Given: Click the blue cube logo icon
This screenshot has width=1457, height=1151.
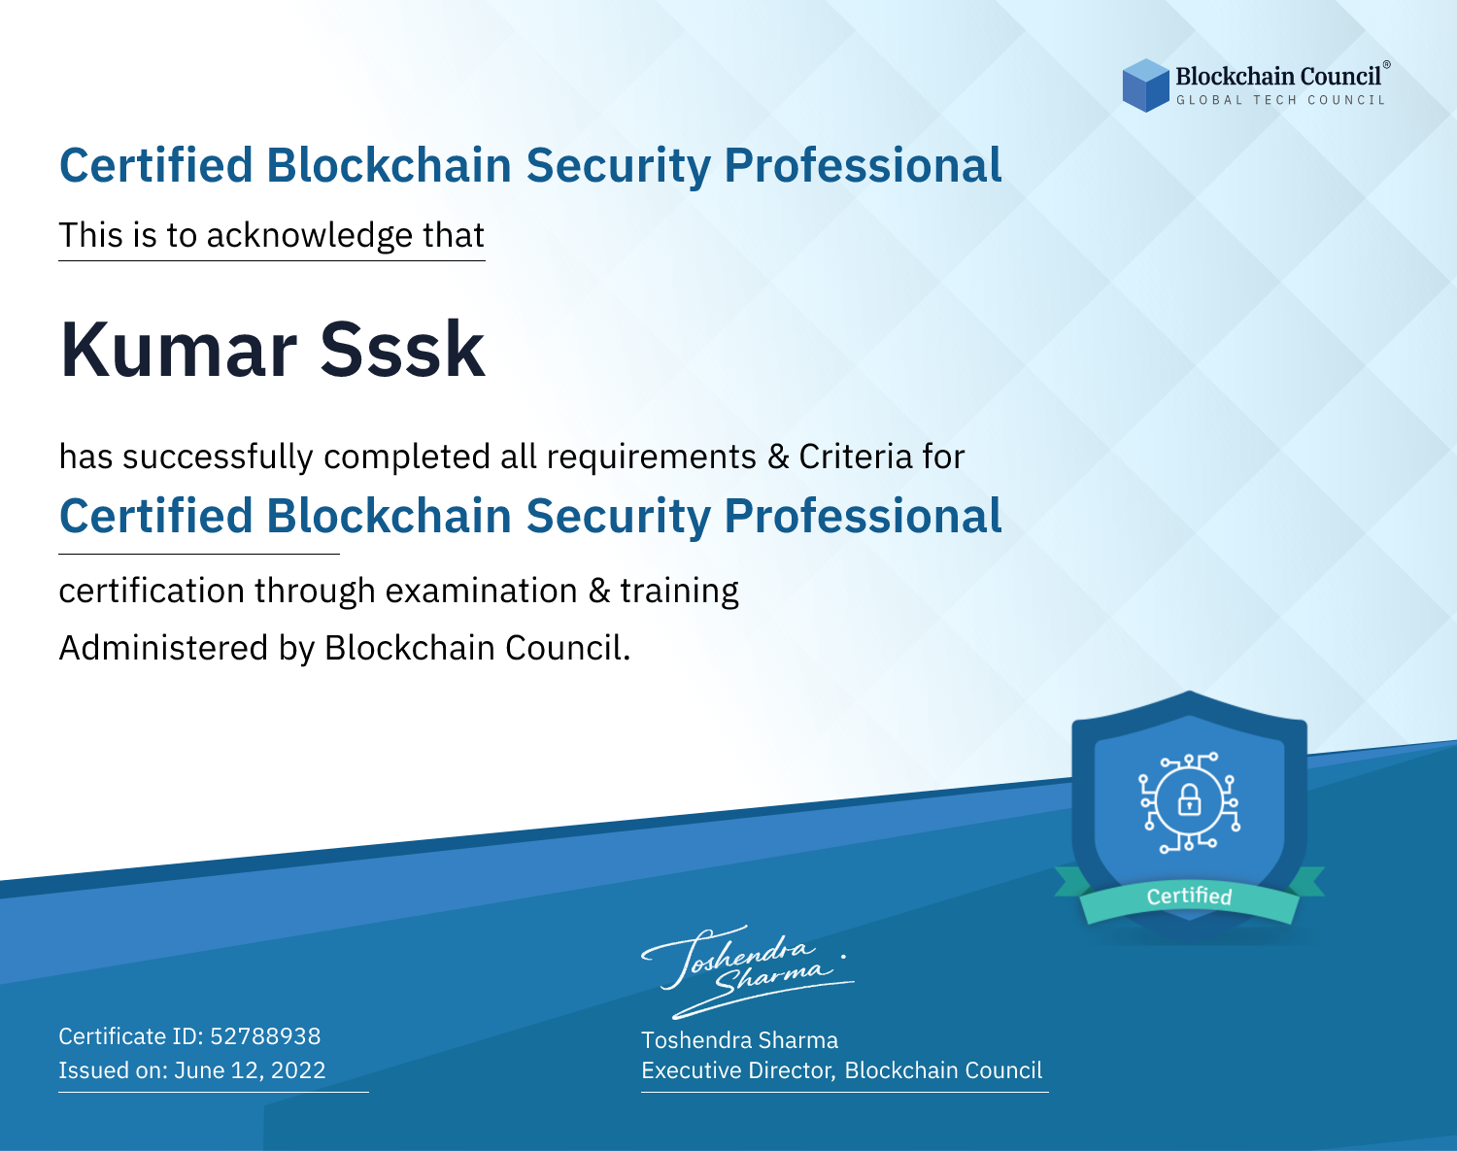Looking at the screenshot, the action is (x=1145, y=85).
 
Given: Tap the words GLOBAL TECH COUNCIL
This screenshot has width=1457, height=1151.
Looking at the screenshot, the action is (x=1280, y=100).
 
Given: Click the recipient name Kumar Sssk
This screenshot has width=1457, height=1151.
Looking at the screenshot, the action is (x=272, y=350).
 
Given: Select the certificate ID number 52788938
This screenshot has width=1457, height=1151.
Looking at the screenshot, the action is (x=265, y=1035).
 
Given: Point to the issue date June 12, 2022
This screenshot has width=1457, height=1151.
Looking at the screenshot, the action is (x=250, y=1070).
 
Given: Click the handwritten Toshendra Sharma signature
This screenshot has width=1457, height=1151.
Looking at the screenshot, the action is (x=748, y=971).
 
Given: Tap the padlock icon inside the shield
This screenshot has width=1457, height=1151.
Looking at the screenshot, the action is (x=1189, y=800).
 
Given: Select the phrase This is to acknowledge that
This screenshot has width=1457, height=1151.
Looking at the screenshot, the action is (x=272, y=236).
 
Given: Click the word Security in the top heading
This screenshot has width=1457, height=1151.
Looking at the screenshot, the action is (x=619, y=165).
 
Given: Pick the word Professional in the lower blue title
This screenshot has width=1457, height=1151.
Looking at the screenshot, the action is (x=864, y=516).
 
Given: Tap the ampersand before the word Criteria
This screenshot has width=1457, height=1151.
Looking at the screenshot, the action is (x=778, y=457).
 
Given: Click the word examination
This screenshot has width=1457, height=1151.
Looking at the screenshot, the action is (x=482, y=591).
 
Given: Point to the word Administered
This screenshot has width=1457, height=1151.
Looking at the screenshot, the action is (x=164, y=648).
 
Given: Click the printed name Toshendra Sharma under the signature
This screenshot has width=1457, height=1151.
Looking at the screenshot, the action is (x=740, y=1040).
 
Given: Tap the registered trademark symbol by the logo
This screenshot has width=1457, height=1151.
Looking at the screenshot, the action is (x=1386, y=64).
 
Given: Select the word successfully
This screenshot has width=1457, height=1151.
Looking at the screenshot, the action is (x=218, y=457).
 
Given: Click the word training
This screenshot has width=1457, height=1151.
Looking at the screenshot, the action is (x=680, y=592).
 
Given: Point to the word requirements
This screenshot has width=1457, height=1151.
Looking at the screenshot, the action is (x=652, y=457).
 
